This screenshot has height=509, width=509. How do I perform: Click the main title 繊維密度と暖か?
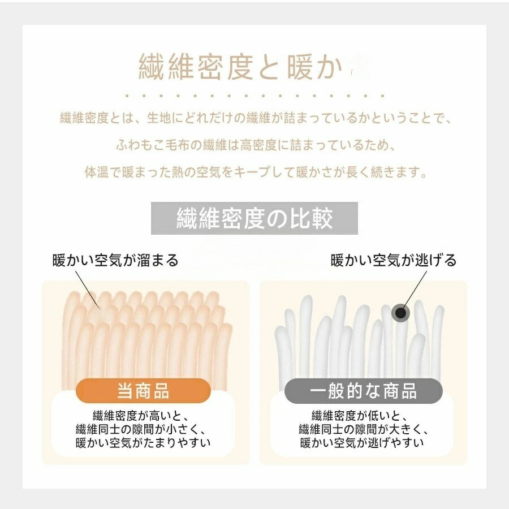(241, 67)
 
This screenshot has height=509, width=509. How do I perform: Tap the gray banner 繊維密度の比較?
(254, 218)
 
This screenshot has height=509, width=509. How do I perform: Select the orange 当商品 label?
(143, 390)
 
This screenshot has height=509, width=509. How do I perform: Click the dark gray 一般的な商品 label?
(363, 390)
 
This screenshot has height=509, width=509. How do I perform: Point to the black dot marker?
(400, 313)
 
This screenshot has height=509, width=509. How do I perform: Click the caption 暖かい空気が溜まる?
(115, 260)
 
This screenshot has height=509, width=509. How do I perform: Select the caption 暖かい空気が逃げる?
(394, 260)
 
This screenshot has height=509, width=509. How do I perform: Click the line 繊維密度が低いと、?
(360, 416)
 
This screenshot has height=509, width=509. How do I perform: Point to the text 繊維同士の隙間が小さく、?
(141, 429)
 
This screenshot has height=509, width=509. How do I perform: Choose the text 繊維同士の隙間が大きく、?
(364, 429)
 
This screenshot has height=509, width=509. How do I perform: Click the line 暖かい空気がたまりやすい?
(143, 442)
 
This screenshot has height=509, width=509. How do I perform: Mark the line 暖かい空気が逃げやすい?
(362, 442)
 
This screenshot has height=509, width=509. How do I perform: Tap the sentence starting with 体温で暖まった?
(256, 172)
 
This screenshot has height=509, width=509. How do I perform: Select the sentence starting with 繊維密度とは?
(256, 118)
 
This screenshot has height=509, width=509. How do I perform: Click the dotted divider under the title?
(255, 96)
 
